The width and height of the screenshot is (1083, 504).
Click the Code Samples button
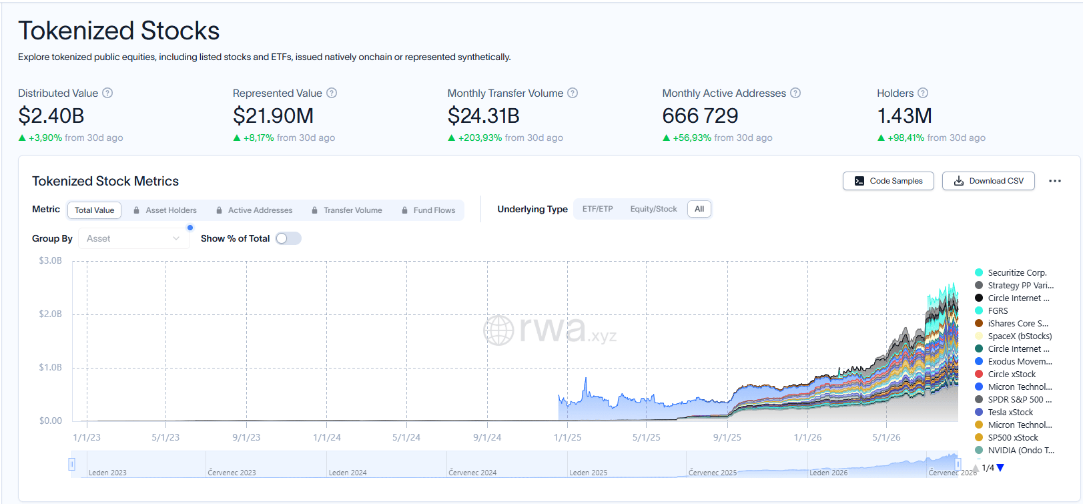888,181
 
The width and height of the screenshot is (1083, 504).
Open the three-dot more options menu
1055,181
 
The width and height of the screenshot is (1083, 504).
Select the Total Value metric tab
94,210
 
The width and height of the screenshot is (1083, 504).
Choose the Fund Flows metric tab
428,210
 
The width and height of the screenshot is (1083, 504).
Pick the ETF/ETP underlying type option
598,209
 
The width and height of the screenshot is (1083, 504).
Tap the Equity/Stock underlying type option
654,209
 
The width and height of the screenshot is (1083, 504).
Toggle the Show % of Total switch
288,238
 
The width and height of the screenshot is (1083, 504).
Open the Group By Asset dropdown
133,238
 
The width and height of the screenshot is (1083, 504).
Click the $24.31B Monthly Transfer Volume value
484,115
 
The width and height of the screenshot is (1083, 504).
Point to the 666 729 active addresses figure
700,115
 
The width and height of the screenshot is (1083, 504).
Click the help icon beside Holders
922,93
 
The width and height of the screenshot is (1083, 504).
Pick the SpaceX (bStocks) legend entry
1014,336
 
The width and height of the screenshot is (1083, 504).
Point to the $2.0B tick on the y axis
50,314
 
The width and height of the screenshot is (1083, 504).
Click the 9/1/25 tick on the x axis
727,437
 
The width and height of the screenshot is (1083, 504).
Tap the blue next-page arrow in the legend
1000,468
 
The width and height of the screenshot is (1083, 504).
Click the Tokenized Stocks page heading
119,31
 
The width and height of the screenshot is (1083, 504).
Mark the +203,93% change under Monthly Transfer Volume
480,138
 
